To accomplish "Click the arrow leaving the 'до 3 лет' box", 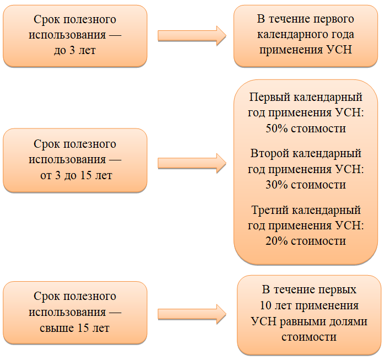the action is (x=192, y=36).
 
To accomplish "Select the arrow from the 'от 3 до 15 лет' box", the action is (x=192, y=163).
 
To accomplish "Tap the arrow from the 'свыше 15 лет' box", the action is (x=192, y=314).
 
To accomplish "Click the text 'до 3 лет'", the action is (x=75, y=50).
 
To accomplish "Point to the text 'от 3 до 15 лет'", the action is (x=76, y=175).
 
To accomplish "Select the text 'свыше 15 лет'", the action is (x=74, y=328).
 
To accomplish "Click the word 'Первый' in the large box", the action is (x=270, y=98).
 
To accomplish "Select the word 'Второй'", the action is (x=270, y=154).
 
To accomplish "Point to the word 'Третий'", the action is (x=270, y=211).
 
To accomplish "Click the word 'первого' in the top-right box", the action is (x=334, y=19).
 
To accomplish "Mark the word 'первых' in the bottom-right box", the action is (x=339, y=290).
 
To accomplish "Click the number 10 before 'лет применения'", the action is (x=265, y=305).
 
